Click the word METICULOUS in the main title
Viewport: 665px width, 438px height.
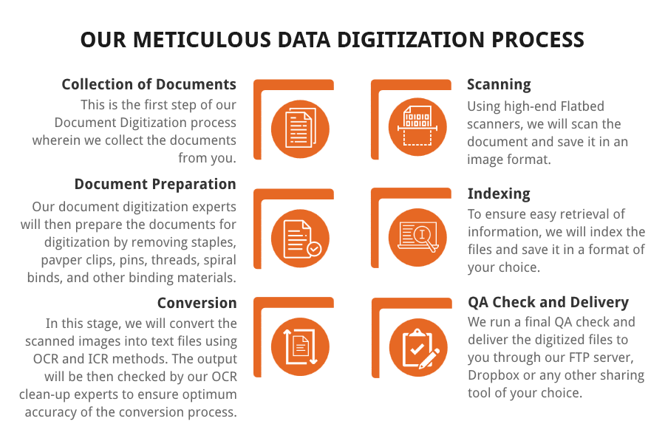(202, 40)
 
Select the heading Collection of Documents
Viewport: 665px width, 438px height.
(149, 84)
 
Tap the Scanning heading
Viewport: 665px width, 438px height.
(499, 85)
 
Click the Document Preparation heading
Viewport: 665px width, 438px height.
(155, 185)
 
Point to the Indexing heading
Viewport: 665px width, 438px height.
(499, 194)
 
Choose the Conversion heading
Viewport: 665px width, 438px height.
(197, 303)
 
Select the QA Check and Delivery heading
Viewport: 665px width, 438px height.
(548, 302)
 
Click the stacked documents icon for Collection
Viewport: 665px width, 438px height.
(300, 129)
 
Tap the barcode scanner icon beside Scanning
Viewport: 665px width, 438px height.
(417, 126)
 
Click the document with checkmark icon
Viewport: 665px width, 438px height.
(300, 239)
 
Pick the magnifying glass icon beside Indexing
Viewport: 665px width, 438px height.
(417, 237)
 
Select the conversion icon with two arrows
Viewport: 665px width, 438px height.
(300, 347)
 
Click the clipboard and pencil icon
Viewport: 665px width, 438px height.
(418, 348)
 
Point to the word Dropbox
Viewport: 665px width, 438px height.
(494, 376)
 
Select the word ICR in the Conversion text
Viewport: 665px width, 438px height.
(98, 359)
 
